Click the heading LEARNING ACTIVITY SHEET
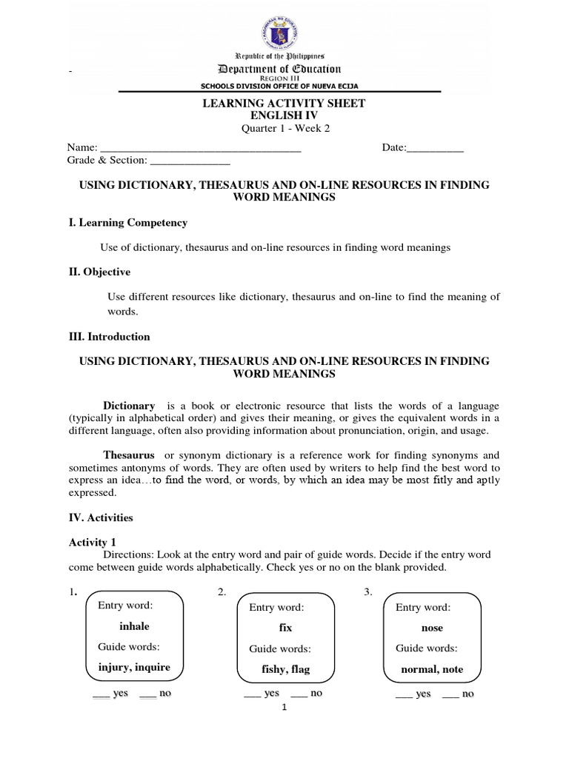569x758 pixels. (284, 104)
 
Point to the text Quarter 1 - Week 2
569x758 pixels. (284, 128)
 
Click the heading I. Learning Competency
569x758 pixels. (128, 223)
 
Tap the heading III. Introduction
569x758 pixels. (109, 336)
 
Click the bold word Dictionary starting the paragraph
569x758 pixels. (129, 406)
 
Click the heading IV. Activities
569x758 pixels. (101, 517)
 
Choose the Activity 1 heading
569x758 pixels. (93, 543)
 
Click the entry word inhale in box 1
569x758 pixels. (134, 626)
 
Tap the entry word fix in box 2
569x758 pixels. (285, 628)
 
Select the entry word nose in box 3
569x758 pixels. (431, 628)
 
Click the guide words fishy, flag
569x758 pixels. (286, 670)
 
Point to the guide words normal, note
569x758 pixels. (431, 669)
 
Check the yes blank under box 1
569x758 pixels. (101, 695)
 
